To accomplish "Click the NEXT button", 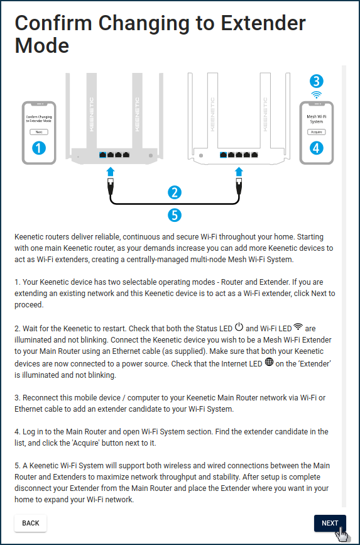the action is click(330, 523).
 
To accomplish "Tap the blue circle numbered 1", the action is click(39, 148).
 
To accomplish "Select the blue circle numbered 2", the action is click(175, 192).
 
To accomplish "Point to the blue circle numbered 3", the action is click(316, 81).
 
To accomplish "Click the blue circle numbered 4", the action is click(316, 148).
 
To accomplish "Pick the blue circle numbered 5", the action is click(175, 215).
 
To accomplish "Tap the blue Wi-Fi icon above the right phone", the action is click(316, 94).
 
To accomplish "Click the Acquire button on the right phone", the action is click(316, 132).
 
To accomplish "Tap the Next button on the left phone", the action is click(39, 132).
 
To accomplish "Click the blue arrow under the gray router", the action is click(111, 172).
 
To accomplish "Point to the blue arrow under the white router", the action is click(239, 172).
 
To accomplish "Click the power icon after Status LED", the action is click(239, 327).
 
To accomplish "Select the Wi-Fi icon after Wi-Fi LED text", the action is click(298, 326).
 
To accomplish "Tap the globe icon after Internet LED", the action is click(269, 362).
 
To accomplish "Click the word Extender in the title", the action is click(263, 23).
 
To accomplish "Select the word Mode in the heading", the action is click(42, 45).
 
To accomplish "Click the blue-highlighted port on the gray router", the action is click(102, 155).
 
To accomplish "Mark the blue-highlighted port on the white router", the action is click(224, 155).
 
